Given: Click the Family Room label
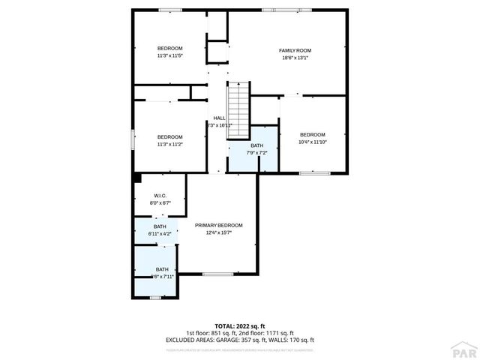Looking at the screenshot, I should (296, 50).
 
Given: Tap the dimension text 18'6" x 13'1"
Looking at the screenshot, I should (296, 58).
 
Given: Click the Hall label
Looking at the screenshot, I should (219, 118).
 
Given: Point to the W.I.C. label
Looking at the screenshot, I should (160, 196).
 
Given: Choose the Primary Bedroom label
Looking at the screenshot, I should (219, 225).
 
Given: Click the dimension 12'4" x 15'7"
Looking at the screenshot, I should (219, 232).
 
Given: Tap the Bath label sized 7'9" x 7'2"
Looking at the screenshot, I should (257, 145).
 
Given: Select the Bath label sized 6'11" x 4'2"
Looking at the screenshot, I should (160, 226).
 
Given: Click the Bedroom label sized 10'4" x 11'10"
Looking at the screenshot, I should (312, 134).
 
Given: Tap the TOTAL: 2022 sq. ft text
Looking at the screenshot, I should (239, 325).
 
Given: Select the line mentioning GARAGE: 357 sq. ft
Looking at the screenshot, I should (240, 340).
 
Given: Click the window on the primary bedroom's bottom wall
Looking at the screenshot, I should (217, 274).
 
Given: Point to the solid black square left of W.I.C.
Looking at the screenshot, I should (137, 178).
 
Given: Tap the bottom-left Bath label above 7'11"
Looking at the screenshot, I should (162, 269).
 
